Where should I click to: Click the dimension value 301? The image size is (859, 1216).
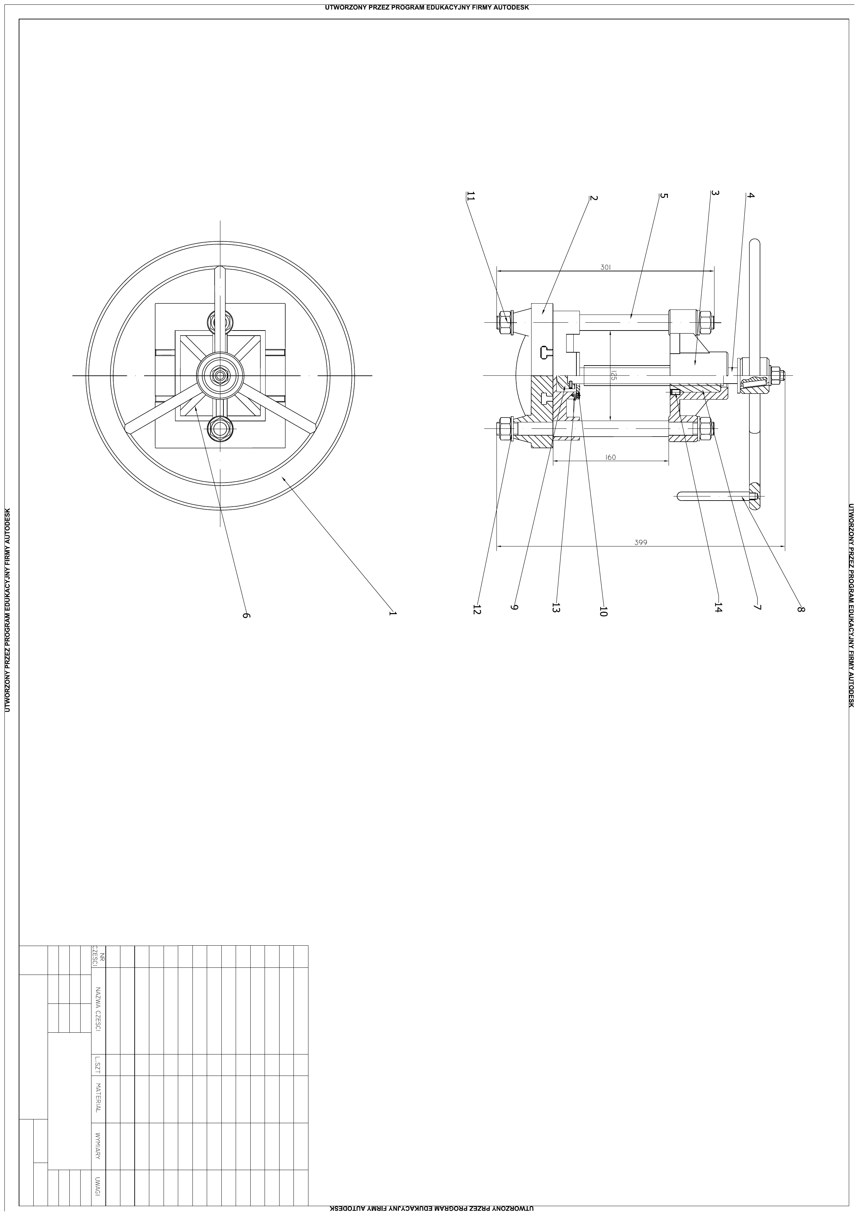pos(606,268)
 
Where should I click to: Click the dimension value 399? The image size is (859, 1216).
pos(641,542)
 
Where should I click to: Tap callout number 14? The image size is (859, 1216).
pos(717,607)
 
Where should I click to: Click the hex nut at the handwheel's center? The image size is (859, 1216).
pos(220,375)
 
